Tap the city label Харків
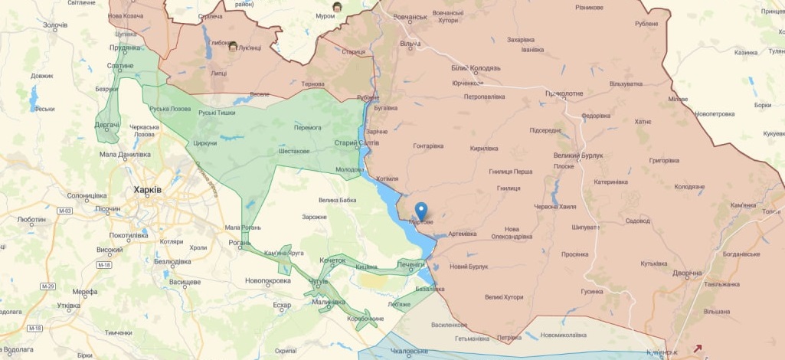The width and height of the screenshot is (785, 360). (x=147, y=189)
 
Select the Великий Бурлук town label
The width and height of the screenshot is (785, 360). (x=578, y=155)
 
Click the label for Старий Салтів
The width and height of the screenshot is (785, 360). (x=357, y=143)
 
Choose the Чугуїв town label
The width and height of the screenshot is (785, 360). (x=318, y=282)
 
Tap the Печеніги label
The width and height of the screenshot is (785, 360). (x=411, y=264)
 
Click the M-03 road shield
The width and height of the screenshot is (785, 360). (x=64, y=211)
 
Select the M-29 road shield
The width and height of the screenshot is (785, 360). (x=47, y=286)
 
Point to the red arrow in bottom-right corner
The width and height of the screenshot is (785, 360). (x=697, y=349)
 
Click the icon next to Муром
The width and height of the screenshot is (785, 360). (x=337, y=7)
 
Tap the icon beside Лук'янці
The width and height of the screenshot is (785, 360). (x=233, y=47)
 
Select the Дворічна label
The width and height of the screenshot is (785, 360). (x=687, y=273)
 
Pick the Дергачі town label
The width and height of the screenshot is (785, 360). (x=106, y=124)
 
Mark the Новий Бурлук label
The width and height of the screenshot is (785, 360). (x=469, y=267)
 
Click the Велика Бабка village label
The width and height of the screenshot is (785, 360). (x=338, y=201)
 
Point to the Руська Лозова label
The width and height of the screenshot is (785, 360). (x=170, y=109)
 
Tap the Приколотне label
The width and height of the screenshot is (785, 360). (x=564, y=93)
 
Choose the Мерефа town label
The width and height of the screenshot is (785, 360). (x=85, y=292)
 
